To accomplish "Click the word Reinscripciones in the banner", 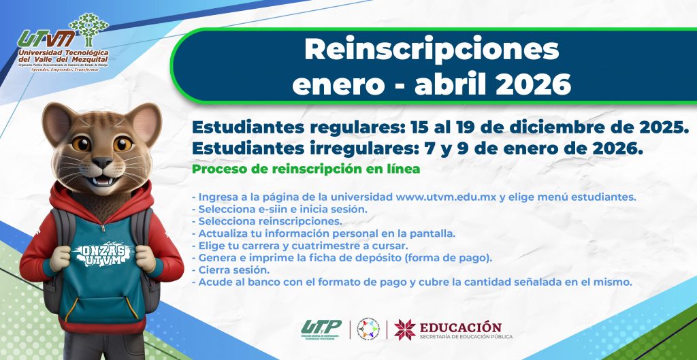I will pyautogui.click(x=432, y=49).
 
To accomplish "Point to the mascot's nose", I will pyautogui.click(x=102, y=163).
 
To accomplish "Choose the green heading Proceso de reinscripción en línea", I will pyautogui.click(x=306, y=168).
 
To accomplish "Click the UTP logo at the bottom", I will pyautogui.click(x=321, y=328).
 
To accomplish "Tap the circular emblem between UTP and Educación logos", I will pyautogui.click(x=368, y=329).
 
